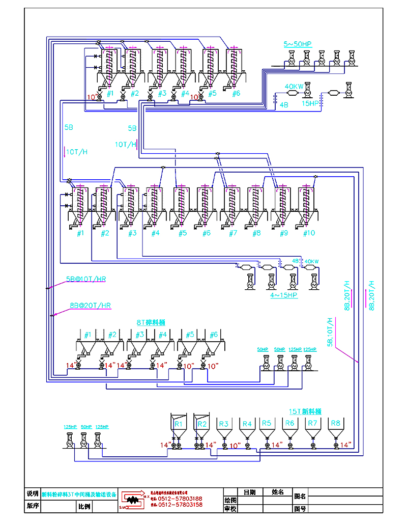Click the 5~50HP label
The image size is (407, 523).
click(297, 44)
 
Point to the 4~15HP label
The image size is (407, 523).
click(284, 294)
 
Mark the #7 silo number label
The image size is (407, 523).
click(233, 233)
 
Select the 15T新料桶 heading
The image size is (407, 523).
click(305, 411)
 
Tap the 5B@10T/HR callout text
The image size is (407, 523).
click(86, 280)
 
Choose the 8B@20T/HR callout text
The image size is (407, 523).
click(91, 306)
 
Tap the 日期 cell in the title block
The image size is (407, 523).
click(249, 492)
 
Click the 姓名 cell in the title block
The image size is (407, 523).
click(278, 492)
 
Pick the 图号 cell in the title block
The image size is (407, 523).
click(300, 508)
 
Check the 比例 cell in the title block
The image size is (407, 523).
click(84, 507)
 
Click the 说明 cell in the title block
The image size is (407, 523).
click(32, 494)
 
